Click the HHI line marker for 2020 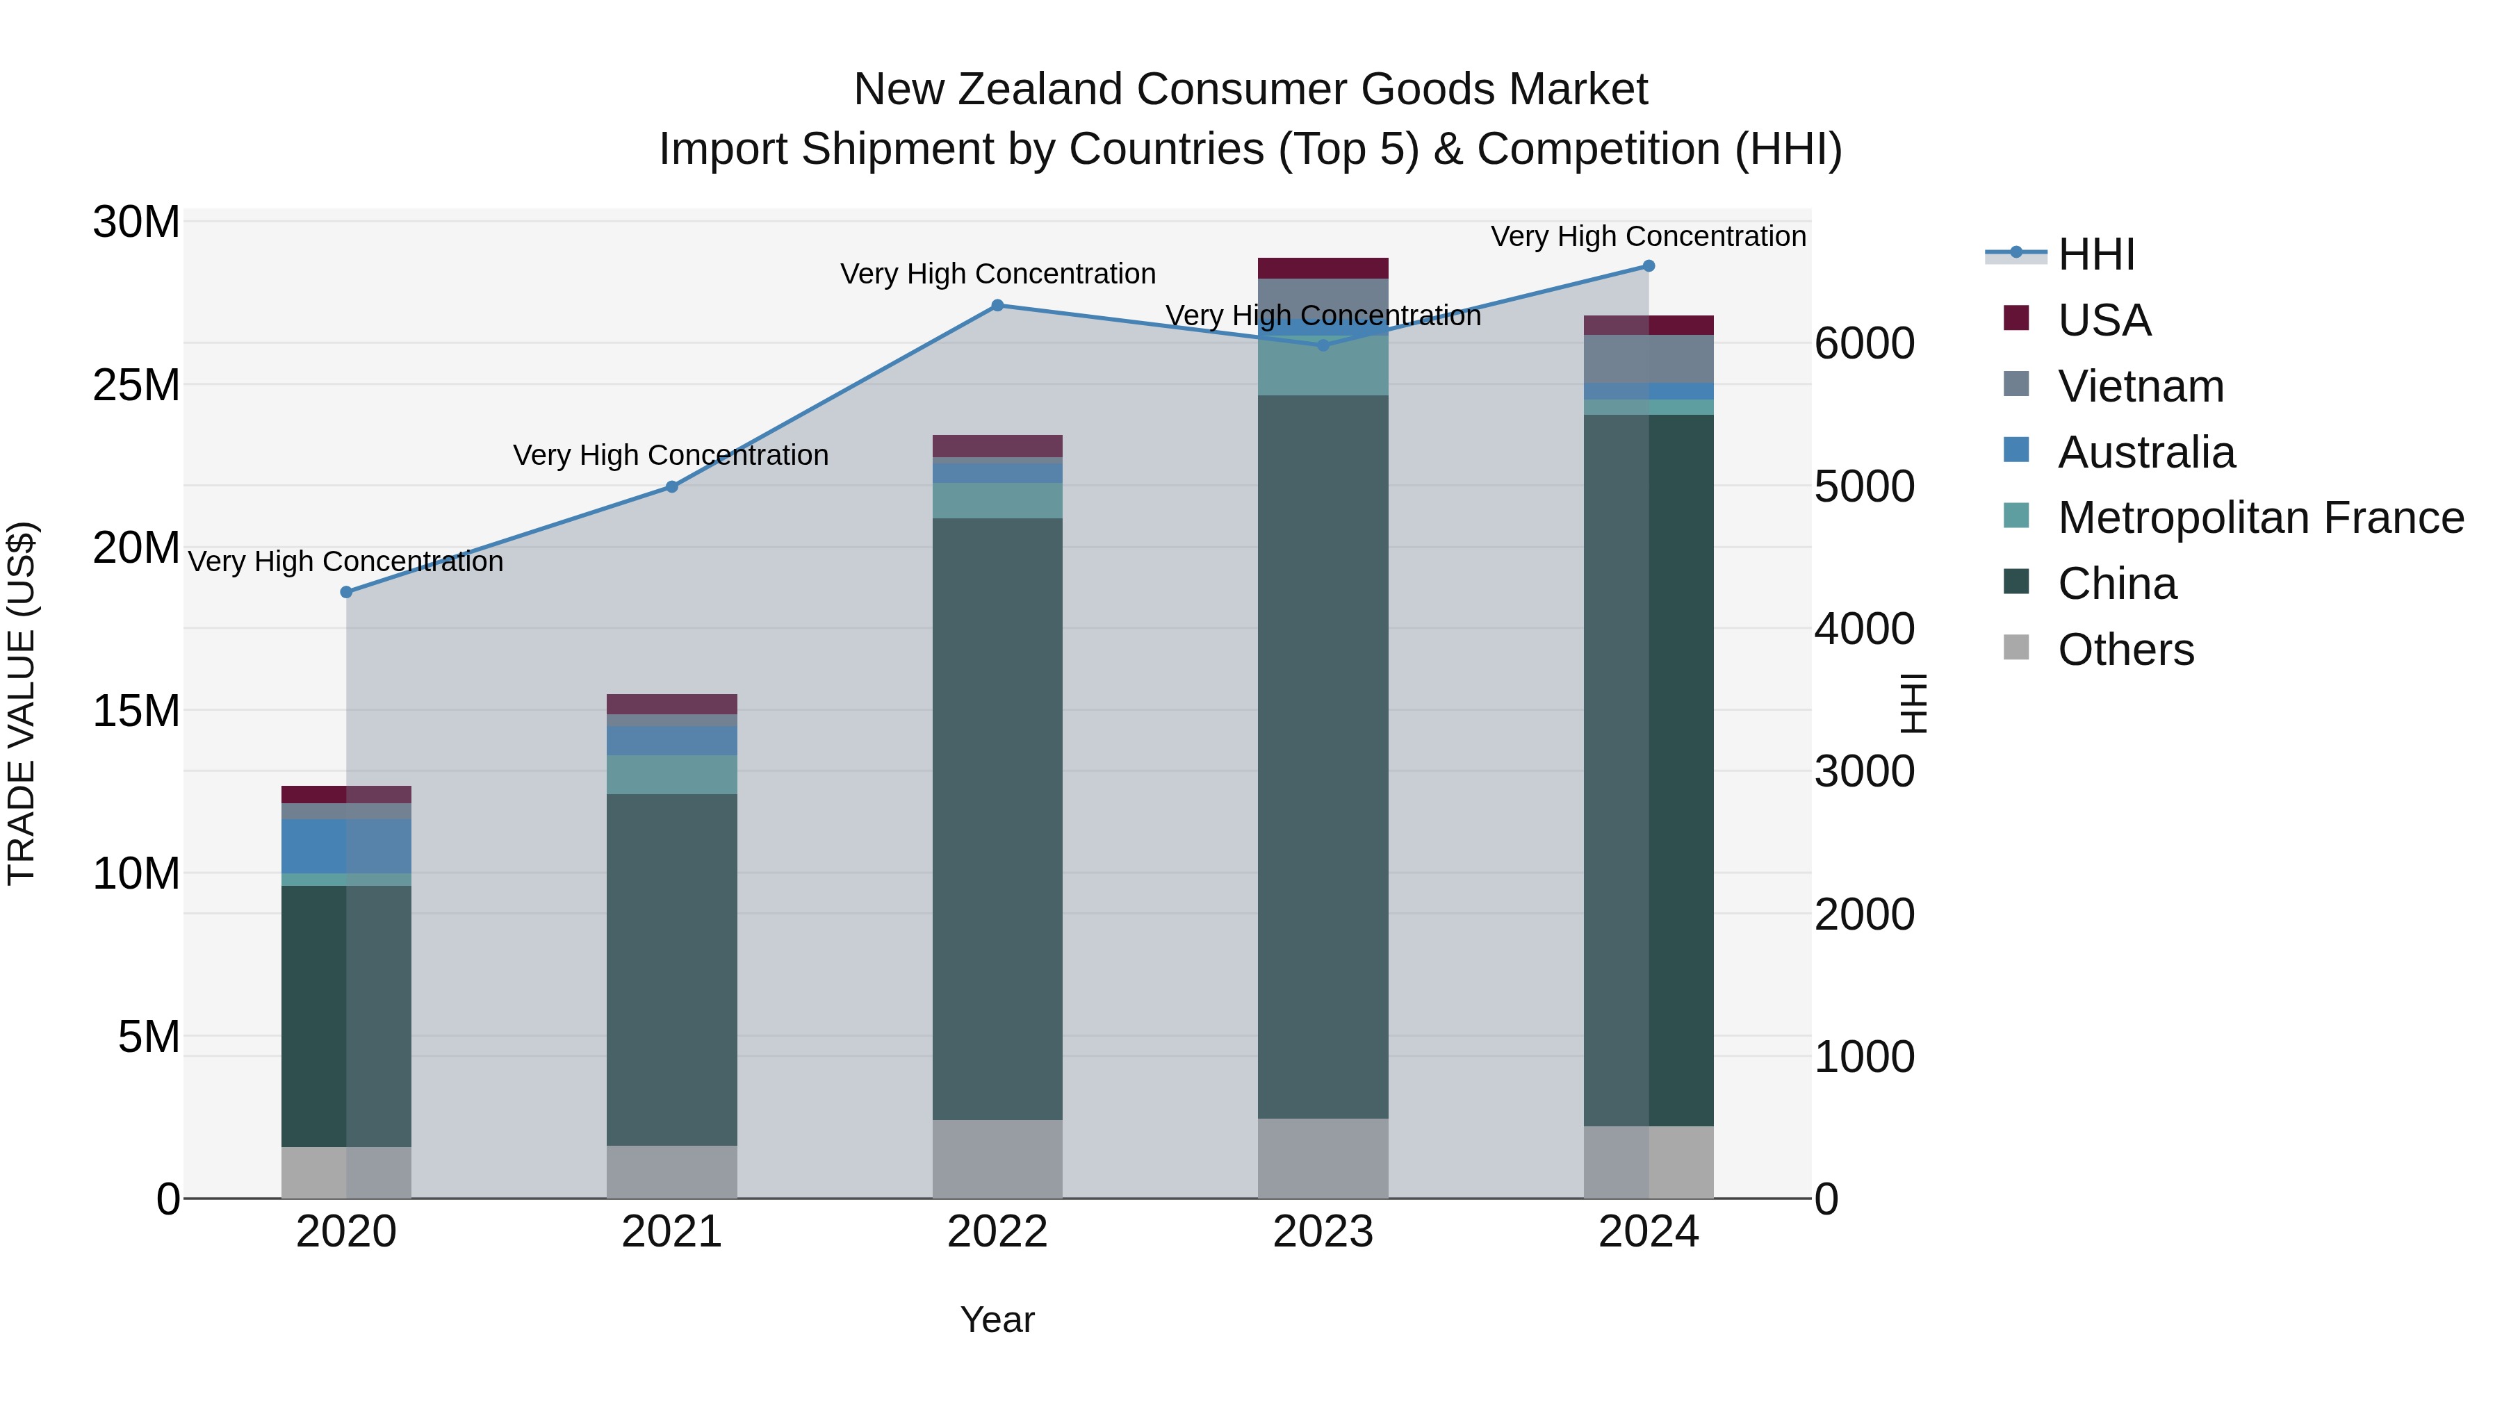coord(347,591)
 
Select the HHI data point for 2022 coord(997,306)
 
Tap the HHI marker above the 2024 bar coord(1649,266)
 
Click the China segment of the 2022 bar coord(997,818)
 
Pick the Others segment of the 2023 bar coord(1323,1158)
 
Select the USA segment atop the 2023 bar coord(1323,268)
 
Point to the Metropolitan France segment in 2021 coord(672,774)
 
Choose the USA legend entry coord(2104,320)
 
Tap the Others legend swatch coord(2016,648)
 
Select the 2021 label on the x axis coord(672,1232)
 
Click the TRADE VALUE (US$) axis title coord(22,704)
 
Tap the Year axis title coord(997,1319)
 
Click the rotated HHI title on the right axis coord(1913,704)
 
